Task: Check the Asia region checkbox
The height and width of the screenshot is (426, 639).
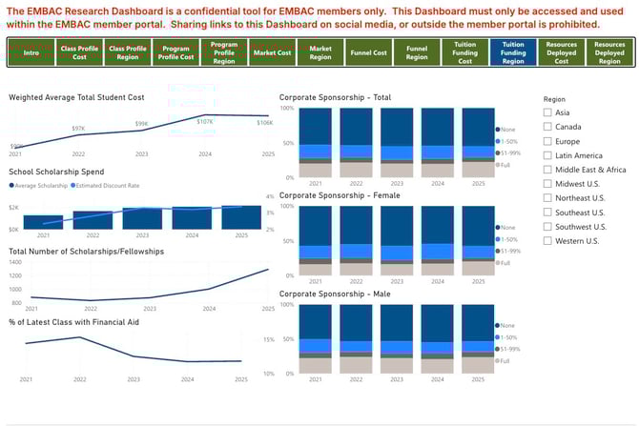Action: [547, 112]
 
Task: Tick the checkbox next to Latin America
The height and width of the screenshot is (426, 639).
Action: [547, 155]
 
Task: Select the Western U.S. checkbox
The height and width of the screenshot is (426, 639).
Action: [547, 241]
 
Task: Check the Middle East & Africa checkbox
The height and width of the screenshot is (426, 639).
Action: [547, 170]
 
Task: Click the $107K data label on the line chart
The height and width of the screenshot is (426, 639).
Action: [205, 122]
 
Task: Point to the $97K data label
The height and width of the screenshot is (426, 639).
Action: [78, 128]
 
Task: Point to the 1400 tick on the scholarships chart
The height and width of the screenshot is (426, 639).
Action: [15, 261]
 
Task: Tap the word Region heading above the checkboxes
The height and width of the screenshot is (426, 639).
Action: [554, 98]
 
